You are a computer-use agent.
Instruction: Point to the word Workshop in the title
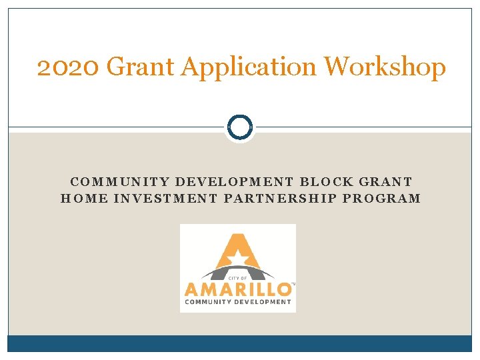[385, 68]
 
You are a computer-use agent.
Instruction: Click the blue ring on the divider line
[239, 127]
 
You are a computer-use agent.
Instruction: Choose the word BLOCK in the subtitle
[329, 181]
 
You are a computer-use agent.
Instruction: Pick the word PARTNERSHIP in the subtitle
[275, 198]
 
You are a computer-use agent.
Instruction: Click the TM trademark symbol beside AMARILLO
[293, 284]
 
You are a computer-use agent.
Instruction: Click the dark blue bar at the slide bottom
[239, 343]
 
